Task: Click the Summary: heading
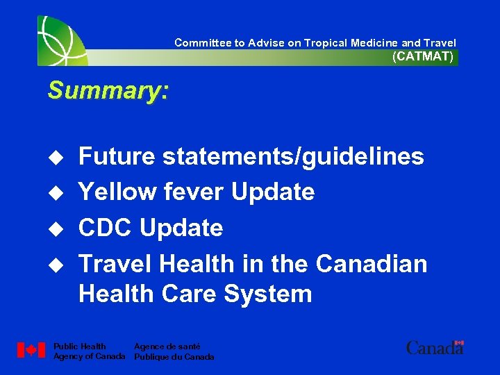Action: (x=108, y=91)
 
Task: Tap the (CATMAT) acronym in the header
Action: (x=423, y=57)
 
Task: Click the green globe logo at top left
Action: (x=61, y=40)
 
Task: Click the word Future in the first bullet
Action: (x=117, y=157)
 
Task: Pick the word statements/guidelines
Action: (x=293, y=157)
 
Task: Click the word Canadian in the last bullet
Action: (x=372, y=264)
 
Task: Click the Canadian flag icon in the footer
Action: (x=31, y=351)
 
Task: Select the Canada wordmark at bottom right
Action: (x=435, y=347)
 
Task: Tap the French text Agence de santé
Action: (x=167, y=347)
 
